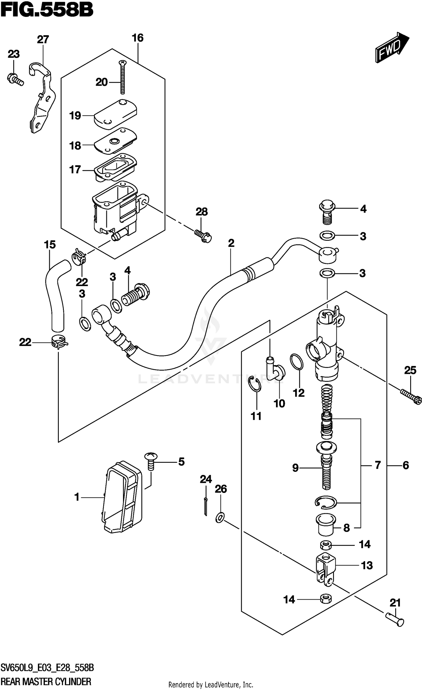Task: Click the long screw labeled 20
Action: [123, 77]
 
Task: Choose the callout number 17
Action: [75, 170]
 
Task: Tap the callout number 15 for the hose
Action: [50, 245]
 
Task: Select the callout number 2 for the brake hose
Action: [231, 243]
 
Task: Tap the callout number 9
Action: [295, 468]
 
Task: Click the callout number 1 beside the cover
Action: [77, 497]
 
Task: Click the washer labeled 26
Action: [220, 517]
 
